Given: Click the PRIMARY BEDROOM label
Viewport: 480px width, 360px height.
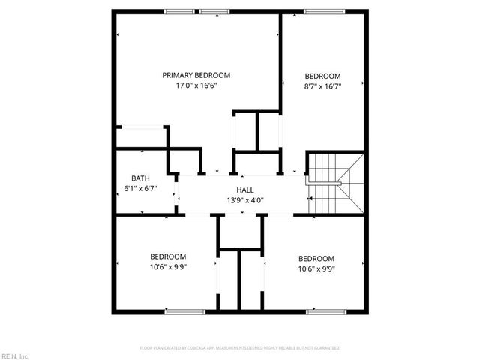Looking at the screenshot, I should [196, 75].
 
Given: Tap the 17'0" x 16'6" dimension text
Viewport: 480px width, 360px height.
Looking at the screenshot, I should [196, 85].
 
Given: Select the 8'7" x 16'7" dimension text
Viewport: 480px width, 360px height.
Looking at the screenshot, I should [322, 86].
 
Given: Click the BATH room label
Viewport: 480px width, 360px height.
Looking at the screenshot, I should [140, 178].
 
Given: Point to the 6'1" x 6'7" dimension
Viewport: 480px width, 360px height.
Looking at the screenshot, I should [140, 188].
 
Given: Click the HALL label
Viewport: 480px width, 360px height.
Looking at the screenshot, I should [244, 190].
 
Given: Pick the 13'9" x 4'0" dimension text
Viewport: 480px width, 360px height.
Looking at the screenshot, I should [244, 200].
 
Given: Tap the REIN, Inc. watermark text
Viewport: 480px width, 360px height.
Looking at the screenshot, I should [14, 355].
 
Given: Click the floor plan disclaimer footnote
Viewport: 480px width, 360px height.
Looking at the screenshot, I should [240, 348].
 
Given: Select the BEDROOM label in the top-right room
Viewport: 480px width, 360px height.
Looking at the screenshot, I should [322, 76].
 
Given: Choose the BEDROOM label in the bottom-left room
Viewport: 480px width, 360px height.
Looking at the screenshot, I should [168, 256].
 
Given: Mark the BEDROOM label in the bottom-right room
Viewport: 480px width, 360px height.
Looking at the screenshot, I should [316, 259].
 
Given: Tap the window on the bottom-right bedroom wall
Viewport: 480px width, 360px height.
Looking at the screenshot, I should [325, 311].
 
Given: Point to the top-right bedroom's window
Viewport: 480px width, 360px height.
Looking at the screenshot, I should [325, 11].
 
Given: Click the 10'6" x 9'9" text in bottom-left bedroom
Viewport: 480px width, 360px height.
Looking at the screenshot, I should [168, 266].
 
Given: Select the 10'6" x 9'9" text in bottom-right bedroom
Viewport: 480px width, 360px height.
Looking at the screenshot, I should [316, 268].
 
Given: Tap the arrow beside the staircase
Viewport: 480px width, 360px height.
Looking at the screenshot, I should [310, 199].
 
